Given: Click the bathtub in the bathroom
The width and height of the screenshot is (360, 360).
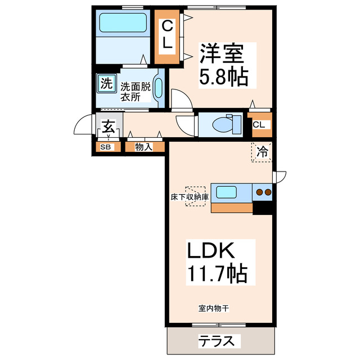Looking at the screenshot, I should [123, 24].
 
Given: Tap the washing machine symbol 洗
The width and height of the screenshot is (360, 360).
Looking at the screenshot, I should [105, 84].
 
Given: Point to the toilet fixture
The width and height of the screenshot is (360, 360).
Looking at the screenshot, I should [224, 123].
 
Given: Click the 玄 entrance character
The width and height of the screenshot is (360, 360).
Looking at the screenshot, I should [109, 127].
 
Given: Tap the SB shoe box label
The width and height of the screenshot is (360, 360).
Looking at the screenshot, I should [105, 147].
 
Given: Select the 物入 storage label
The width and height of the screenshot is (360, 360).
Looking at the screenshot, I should [144, 147].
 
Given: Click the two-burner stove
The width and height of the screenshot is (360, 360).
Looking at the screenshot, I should [263, 192].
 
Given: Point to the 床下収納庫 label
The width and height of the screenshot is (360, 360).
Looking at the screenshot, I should [190, 197].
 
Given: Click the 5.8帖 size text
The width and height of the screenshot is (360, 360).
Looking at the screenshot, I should [223, 78].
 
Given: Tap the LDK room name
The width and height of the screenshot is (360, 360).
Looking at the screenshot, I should [214, 251].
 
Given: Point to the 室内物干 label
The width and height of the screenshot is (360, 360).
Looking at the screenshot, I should [213, 308].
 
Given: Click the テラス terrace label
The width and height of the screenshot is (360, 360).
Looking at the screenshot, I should [219, 341].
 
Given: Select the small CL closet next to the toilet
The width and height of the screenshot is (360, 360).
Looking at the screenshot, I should [259, 124].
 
